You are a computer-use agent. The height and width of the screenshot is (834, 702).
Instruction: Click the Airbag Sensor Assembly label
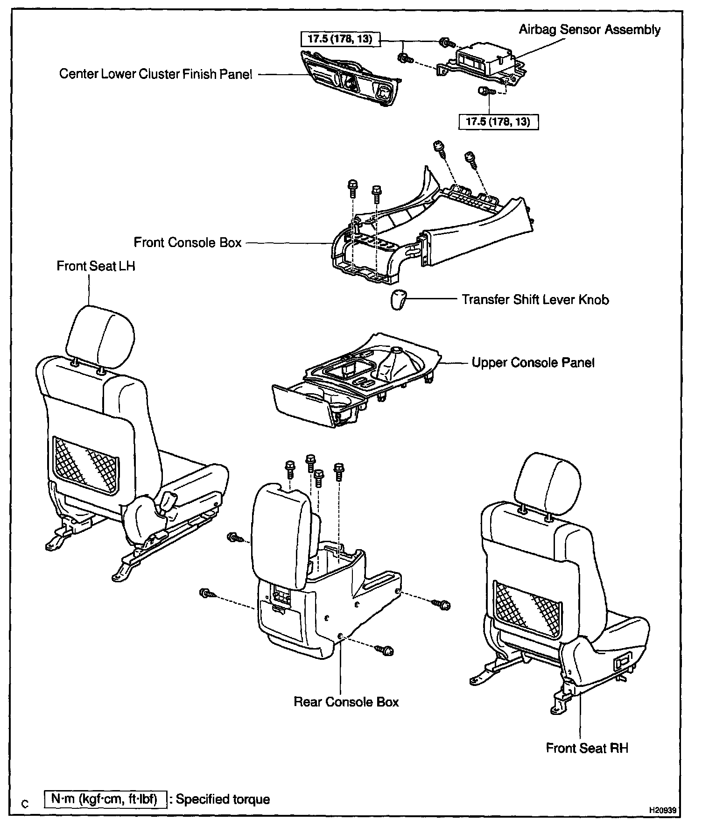point(589,30)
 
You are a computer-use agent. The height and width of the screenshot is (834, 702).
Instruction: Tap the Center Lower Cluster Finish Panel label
point(155,74)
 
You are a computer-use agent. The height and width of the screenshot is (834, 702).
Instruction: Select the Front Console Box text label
point(188,243)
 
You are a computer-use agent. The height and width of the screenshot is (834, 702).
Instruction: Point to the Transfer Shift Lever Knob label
point(535,299)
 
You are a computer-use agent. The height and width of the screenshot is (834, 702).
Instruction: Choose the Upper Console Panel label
point(533,363)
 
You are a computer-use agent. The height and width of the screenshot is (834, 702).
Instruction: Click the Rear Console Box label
point(346,702)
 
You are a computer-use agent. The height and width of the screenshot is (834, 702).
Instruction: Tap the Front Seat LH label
point(96,266)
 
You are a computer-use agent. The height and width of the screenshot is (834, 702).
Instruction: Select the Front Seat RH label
point(587,748)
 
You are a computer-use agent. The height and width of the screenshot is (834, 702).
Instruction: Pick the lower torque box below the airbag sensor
point(498,122)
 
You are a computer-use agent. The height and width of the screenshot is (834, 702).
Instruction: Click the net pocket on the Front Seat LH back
point(85,465)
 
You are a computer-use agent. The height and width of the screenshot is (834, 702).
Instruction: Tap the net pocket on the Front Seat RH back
point(527,609)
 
